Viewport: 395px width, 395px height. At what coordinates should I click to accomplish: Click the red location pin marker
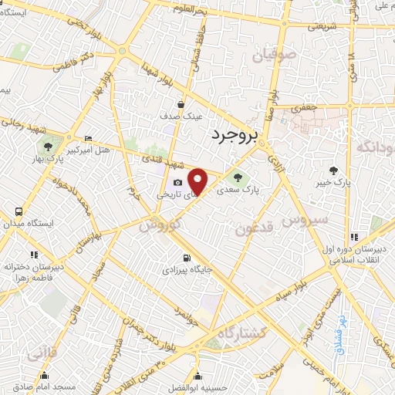click(x=198, y=181)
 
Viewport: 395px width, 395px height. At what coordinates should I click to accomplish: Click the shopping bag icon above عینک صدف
click(x=181, y=104)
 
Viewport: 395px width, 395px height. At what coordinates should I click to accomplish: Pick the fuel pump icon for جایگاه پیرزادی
click(x=185, y=258)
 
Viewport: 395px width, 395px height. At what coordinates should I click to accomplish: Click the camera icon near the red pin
click(x=178, y=183)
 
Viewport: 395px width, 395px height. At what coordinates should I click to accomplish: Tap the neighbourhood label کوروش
click(x=160, y=226)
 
